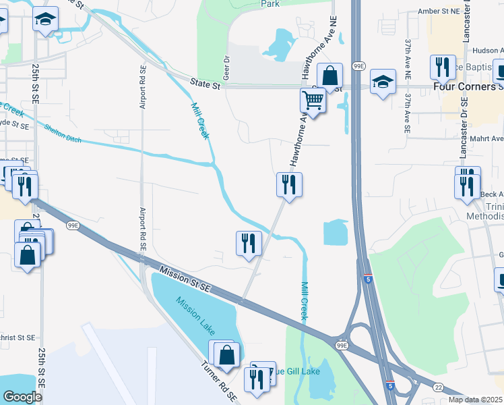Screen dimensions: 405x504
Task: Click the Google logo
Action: point(22,397)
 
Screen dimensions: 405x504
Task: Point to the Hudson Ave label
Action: point(487,50)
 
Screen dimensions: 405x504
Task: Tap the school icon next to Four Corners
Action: point(383,83)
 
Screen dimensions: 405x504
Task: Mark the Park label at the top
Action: point(270,4)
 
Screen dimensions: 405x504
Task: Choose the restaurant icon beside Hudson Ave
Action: point(442,67)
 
